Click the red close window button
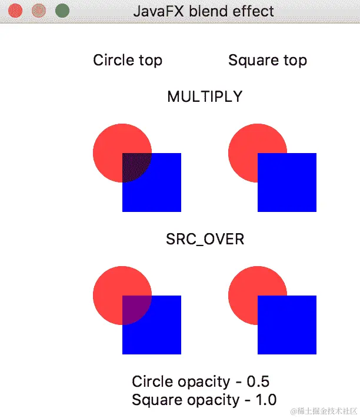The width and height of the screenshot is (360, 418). (x=16, y=11)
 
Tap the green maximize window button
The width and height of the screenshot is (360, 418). (x=62, y=11)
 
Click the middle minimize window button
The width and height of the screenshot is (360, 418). (x=39, y=11)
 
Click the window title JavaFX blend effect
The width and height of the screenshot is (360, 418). (x=204, y=11)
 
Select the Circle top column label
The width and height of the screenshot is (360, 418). (x=128, y=60)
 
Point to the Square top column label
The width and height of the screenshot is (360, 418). (x=268, y=60)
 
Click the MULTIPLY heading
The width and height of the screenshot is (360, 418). (x=205, y=97)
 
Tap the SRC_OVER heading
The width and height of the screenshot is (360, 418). (x=205, y=240)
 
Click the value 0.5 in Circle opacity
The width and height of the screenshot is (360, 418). (x=259, y=381)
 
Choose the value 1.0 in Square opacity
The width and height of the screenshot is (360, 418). (x=265, y=400)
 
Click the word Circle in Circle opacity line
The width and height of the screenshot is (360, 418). (x=152, y=381)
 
